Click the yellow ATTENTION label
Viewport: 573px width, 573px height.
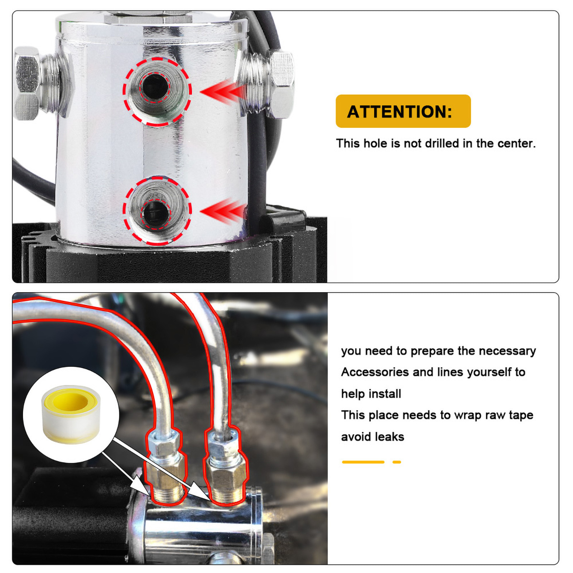(x=403, y=111)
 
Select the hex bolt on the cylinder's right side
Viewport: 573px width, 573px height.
(x=281, y=84)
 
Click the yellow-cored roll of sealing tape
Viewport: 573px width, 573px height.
(x=71, y=414)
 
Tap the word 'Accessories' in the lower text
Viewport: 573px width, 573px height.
(x=375, y=372)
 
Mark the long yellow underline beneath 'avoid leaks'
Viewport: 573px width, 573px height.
(x=363, y=462)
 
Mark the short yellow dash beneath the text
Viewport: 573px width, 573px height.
(x=396, y=462)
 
